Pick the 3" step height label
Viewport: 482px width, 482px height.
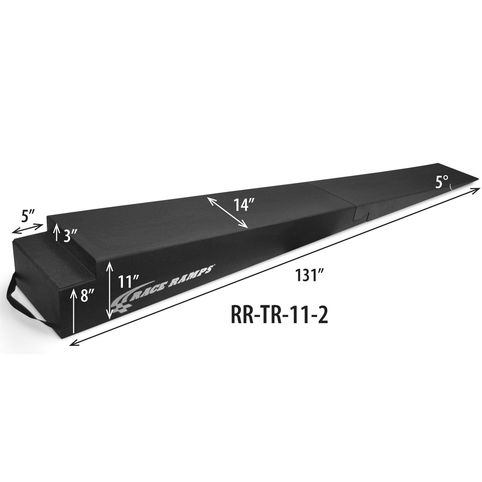pyautogui.click(x=71, y=237)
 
